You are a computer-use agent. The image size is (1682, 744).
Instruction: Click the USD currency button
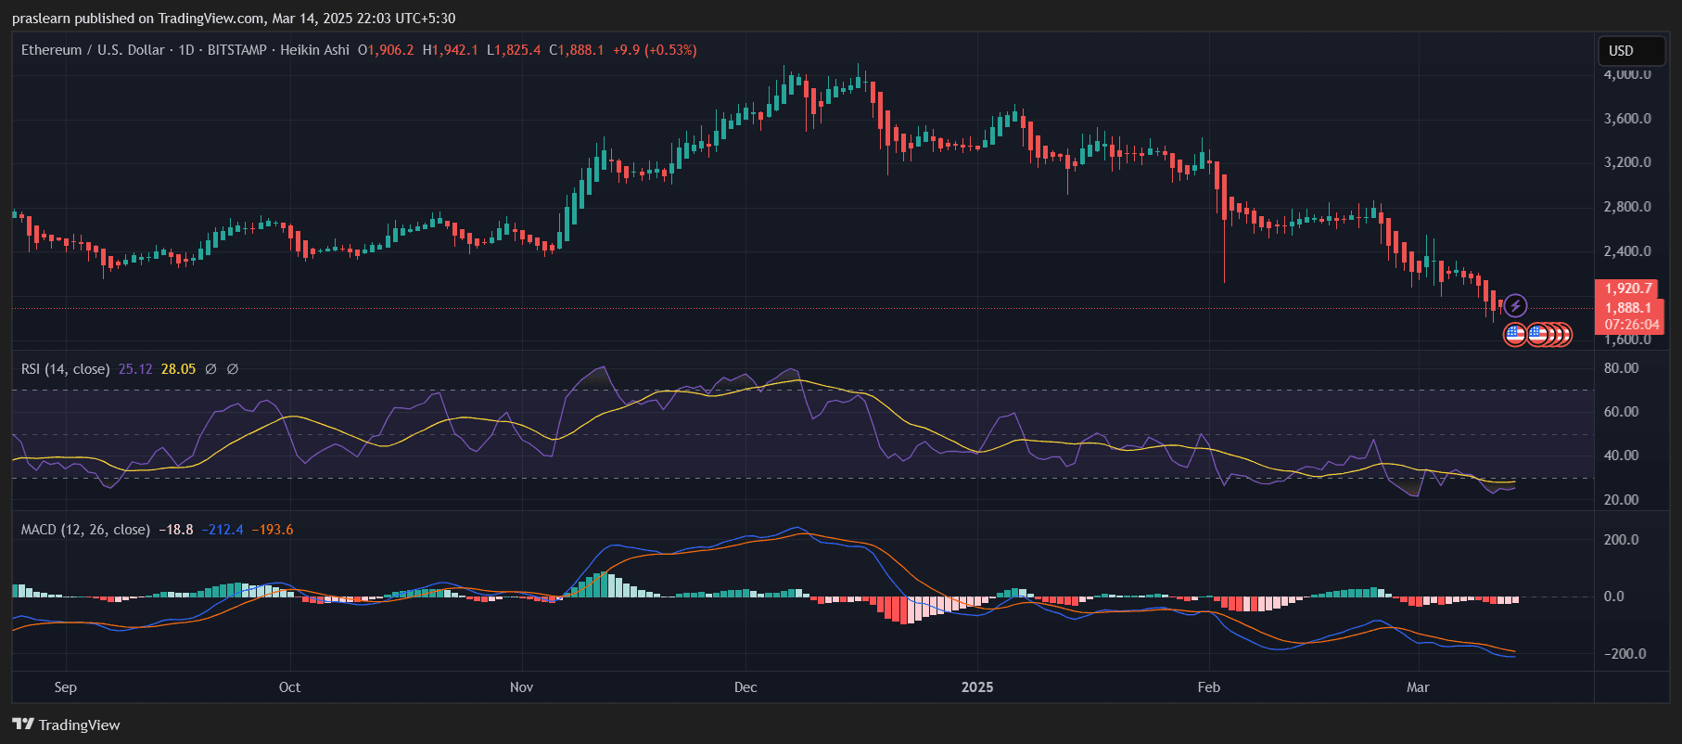coord(1621,51)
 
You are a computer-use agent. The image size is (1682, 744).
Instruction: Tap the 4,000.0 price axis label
coord(1627,74)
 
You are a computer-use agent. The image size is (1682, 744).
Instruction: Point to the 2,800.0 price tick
coord(1627,207)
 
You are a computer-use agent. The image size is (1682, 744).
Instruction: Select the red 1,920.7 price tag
coord(1628,289)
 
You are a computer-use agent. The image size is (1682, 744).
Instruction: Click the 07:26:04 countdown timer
coord(1631,325)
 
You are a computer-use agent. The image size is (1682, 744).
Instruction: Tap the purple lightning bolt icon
coord(1515,305)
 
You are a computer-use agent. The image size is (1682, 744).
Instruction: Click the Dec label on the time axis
coord(745,687)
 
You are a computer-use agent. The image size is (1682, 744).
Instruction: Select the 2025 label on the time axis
coord(977,687)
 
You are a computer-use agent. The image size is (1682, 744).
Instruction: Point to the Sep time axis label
coord(66,687)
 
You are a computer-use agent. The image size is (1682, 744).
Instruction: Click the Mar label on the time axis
coord(1418,687)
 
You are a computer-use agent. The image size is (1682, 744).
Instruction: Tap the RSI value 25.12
coord(135,369)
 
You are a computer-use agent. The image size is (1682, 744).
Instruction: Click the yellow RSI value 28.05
coord(178,369)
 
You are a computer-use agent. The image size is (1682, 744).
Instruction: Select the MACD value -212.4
coord(223,530)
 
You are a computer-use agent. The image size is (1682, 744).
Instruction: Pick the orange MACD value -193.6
coord(273,530)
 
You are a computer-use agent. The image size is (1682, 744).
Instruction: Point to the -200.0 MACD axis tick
coord(1625,654)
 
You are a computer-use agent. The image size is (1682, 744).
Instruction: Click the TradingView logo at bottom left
coord(67,725)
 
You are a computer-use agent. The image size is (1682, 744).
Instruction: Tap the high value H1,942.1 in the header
coord(451,50)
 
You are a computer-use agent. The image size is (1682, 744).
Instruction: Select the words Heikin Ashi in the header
coord(314,50)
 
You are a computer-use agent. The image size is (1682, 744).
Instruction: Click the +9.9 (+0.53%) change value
coord(655,50)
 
